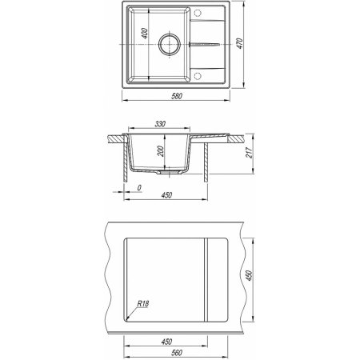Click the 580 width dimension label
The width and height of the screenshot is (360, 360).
(x=177, y=96)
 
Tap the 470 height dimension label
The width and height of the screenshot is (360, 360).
(x=240, y=43)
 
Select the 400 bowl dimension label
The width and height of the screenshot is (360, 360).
(x=144, y=34)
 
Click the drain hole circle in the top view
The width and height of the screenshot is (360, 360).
(x=170, y=44)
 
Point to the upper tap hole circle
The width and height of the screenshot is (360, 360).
(x=198, y=13)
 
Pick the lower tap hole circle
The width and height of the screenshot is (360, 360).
(x=198, y=76)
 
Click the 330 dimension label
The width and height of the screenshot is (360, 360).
(x=160, y=124)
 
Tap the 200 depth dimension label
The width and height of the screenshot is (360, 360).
(x=161, y=151)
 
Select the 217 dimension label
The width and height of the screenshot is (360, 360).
(x=250, y=153)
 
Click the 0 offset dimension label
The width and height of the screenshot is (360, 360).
(x=139, y=188)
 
